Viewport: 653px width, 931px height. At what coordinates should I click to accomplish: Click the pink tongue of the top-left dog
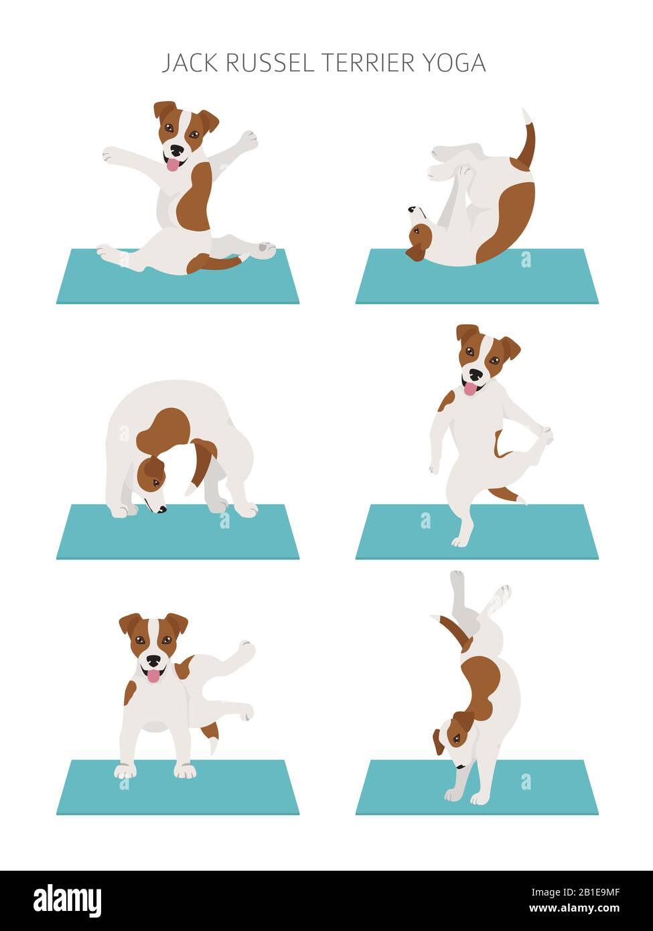click(173, 165)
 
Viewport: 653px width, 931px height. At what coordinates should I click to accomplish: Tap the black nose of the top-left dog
click(176, 150)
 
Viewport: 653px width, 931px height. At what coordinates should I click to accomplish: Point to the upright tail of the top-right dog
click(527, 141)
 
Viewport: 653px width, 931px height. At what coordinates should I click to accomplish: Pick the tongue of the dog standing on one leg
click(471, 389)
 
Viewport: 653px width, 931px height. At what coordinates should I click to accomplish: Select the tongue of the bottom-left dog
click(153, 675)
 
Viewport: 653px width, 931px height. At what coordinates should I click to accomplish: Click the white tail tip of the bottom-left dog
click(214, 745)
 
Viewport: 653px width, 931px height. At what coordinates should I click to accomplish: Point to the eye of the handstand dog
click(456, 739)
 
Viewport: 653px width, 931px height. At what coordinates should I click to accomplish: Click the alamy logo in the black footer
click(67, 901)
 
